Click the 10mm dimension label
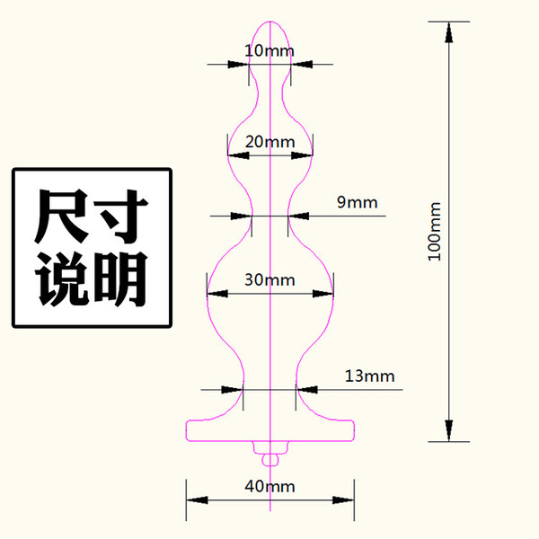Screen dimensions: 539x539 coord(269,51)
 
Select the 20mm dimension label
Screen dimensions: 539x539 coord(269,142)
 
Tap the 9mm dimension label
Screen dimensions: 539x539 coord(358,202)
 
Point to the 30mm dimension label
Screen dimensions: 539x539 coord(269,279)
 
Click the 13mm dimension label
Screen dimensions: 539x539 coord(369,376)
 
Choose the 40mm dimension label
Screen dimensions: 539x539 coord(269,486)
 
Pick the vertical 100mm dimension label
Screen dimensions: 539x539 coord(435,232)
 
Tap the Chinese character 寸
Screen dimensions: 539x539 coord(120,216)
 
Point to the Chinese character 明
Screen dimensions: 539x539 coord(120,279)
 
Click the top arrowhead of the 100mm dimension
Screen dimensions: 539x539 coord(448,32)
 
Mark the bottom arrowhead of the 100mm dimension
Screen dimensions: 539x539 coord(448,430)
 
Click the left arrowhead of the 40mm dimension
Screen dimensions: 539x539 coord(197,499)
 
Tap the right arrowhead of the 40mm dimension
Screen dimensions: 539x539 coord(343,499)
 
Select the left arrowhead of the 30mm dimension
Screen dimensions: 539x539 coord(217,294)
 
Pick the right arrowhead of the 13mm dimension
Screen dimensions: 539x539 coord(307,390)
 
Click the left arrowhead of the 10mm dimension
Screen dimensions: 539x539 coord(238,65)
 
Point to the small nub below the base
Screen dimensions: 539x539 coord(270,460)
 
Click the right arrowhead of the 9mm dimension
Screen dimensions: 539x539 coord(298,216)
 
